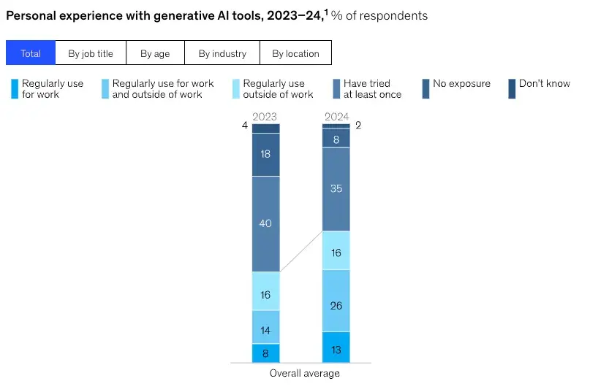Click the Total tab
click(31, 53)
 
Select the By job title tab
click(91, 53)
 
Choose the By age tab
click(155, 53)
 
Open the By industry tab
click(222, 53)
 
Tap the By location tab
click(295, 53)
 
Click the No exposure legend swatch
click(425, 88)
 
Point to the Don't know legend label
click(544, 83)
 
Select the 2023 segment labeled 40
click(265, 223)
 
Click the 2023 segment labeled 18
click(265, 154)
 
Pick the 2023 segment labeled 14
click(265, 326)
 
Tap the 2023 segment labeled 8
click(265, 353)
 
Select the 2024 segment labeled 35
click(336, 188)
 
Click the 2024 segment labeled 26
click(336, 300)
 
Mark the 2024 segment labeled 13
click(336, 347)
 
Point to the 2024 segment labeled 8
click(336, 138)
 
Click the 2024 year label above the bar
click(336, 116)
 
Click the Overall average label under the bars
click(304, 373)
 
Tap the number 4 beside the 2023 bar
click(245, 126)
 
